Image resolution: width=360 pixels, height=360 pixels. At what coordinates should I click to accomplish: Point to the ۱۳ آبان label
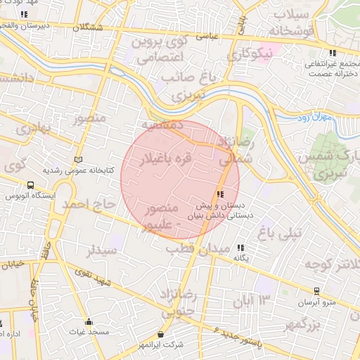point(255,302)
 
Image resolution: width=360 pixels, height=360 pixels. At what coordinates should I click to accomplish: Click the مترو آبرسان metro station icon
point(317,290)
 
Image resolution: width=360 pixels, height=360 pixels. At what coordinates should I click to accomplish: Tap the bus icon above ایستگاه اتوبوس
point(30,185)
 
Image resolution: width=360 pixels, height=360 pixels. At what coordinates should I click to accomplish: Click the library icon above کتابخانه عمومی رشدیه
point(77,160)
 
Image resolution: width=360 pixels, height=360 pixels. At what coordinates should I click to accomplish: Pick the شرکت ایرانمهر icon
point(162,334)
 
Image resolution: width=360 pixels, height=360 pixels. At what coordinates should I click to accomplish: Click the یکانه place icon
point(241,247)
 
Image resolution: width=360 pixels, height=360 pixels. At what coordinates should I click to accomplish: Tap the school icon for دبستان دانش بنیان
point(221,194)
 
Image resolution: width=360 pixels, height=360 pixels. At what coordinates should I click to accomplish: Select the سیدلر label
point(101,250)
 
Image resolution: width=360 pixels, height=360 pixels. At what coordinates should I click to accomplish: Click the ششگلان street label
point(91,27)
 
